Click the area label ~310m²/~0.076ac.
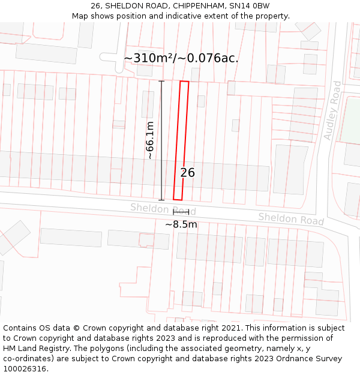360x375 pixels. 181,58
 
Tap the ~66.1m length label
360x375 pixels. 150,140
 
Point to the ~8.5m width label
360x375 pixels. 181,224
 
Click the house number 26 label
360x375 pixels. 187,173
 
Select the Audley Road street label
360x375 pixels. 332,110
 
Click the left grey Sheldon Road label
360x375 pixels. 163,209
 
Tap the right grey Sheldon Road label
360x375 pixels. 291,218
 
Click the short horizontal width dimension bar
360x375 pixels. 181,212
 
